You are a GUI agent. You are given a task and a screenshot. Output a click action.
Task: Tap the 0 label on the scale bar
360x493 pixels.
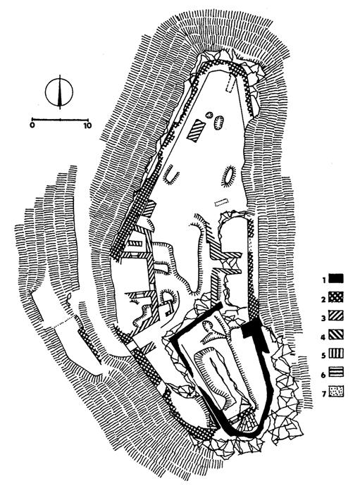(x=32, y=125)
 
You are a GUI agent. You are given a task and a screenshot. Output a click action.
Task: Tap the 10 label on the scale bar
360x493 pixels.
(x=87, y=125)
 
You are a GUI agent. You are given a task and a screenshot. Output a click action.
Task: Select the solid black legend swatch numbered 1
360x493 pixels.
(x=336, y=279)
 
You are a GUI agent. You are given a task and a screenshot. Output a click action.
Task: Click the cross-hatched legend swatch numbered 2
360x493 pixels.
(x=336, y=297)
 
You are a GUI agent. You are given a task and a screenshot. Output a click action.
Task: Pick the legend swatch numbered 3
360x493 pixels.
(x=336, y=316)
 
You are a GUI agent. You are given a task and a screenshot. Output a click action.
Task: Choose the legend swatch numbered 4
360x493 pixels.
(x=336, y=335)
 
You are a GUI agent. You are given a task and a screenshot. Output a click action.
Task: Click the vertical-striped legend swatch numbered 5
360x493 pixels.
(x=336, y=354)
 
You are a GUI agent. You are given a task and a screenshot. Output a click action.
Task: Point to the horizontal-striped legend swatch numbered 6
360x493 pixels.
(x=336, y=373)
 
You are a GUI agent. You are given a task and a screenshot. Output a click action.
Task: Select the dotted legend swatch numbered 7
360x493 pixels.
(x=336, y=391)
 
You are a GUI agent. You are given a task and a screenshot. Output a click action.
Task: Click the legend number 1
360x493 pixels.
(x=323, y=279)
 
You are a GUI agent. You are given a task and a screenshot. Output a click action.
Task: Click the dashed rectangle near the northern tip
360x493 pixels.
(x=231, y=83)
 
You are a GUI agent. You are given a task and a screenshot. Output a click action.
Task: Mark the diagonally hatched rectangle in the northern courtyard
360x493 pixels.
(x=196, y=130)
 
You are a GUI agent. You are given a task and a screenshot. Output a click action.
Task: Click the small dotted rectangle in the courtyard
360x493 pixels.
(x=221, y=203)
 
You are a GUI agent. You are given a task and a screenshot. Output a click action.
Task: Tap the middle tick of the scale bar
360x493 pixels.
(x=60, y=120)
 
